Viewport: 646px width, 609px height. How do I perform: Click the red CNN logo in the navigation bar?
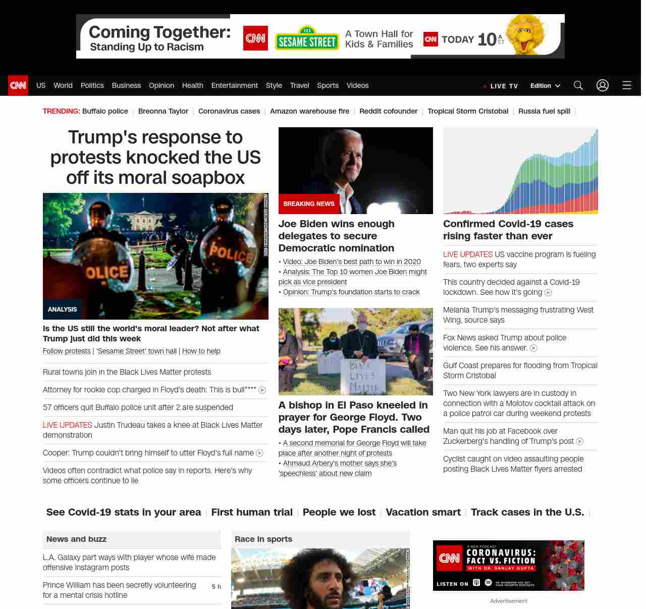(18, 85)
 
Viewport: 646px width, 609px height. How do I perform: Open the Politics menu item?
(92, 85)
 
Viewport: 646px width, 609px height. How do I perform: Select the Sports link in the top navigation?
(328, 85)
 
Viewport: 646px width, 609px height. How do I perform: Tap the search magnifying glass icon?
(578, 85)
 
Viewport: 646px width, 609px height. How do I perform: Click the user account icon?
(603, 85)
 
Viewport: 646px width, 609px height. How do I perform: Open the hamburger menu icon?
(627, 85)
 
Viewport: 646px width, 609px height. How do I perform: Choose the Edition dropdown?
(545, 86)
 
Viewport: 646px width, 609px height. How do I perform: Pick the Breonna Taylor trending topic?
(163, 111)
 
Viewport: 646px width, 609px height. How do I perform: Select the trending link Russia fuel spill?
(544, 111)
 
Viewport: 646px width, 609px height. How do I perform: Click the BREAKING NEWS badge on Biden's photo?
(309, 204)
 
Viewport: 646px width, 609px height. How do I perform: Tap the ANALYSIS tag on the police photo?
(63, 309)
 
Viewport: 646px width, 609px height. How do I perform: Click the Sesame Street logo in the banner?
(307, 39)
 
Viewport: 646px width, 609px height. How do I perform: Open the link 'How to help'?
(201, 351)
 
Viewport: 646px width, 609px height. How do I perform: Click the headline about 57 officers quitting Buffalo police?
(138, 408)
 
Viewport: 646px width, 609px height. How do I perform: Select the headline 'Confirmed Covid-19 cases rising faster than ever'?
(508, 230)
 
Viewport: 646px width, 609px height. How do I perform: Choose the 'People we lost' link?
(339, 512)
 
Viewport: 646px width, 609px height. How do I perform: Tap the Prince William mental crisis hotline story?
(119, 590)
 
